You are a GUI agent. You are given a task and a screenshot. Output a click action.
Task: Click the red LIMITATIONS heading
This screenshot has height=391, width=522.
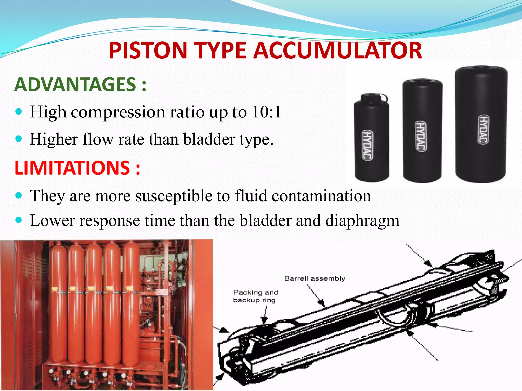(x=72, y=168)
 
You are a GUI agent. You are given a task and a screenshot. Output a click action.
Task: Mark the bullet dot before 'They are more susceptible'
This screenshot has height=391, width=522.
(x=19, y=195)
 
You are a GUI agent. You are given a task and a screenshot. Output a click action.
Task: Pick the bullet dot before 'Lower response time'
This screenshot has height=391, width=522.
(x=19, y=220)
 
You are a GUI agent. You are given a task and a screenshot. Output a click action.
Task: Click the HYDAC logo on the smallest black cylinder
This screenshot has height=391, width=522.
(x=368, y=145)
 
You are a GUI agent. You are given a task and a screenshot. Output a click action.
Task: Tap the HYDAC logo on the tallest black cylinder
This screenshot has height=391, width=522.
(x=483, y=129)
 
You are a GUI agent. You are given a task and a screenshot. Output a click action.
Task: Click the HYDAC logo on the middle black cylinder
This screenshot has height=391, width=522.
(x=421, y=136)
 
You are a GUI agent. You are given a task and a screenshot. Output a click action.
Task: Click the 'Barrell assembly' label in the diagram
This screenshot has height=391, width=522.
(x=315, y=278)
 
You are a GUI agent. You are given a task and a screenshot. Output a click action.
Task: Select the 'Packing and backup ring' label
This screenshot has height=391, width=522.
(x=255, y=296)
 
